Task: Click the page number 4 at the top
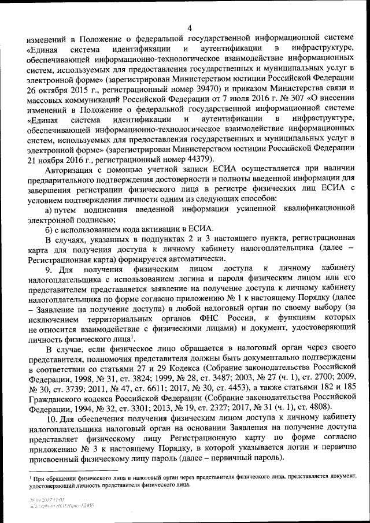pyautogui.click(x=190, y=28)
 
